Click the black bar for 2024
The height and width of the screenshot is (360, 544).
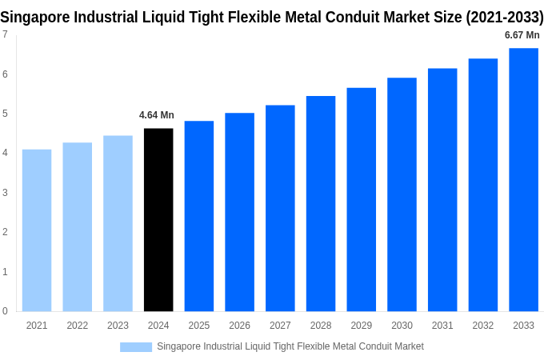tap(158, 220)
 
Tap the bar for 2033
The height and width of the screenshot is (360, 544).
tap(523, 180)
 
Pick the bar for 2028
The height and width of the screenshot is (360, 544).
tap(321, 204)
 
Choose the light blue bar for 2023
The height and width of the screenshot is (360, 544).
tap(118, 223)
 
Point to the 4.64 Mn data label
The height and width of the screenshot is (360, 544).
tap(157, 115)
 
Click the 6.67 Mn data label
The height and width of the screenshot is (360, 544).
tap(522, 35)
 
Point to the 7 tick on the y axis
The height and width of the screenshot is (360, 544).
tap(5, 34)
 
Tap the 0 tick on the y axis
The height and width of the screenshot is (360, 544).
tap(5, 311)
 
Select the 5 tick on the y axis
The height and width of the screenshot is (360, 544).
tap(5, 114)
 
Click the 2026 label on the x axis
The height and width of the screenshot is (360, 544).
tap(239, 326)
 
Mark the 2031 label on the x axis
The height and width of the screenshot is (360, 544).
tap(442, 326)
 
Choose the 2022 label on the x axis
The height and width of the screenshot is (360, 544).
tap(78, 326)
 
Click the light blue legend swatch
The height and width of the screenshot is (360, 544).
tap(136, 347)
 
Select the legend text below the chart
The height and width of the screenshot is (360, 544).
tap(290, 346)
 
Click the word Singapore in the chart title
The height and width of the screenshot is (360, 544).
tap(35, 17)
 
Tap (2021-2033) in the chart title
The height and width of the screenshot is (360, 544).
tap(505, 17)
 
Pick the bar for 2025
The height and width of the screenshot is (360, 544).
tap(199, 216)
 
